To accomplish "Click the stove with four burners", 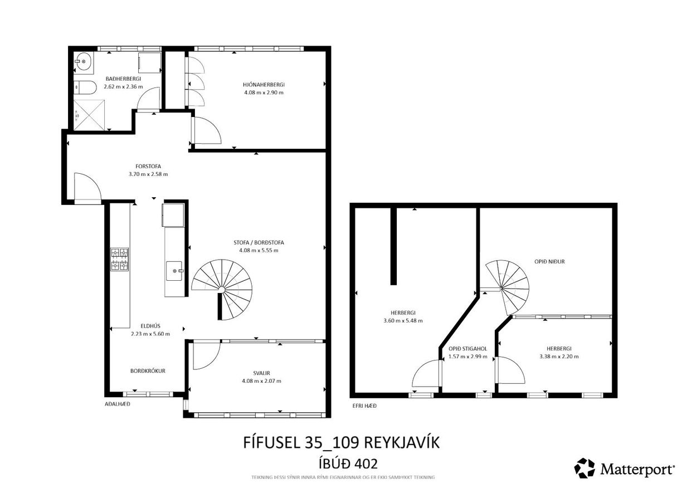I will point(119,259).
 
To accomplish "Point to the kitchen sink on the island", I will point(175,271).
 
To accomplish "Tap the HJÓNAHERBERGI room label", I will point(264,84).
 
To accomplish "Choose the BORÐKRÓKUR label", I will point(148,370).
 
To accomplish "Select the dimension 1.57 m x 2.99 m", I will point(467,357).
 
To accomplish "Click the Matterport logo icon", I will point(584,468).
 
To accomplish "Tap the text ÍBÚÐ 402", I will point(342,463).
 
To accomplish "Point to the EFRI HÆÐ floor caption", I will point(364,406).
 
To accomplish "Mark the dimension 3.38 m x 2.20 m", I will point(559,357).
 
